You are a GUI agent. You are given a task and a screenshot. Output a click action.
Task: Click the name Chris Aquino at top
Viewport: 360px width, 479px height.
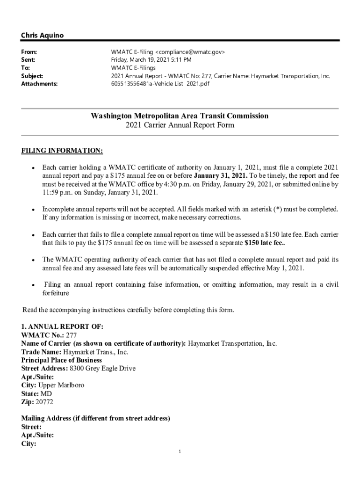pos(42,36)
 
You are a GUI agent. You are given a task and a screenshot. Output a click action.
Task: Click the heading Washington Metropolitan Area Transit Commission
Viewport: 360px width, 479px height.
pos(180,116)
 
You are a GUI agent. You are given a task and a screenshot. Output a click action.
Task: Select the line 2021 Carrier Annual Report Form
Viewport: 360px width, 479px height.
pos(180,125)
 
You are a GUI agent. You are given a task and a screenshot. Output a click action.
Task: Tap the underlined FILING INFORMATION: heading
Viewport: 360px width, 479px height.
pos(62,151)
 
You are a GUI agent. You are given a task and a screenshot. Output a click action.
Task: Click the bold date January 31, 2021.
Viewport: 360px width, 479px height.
pos(220,175)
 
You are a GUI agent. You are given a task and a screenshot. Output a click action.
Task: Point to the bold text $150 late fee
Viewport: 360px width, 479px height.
pos(265,243)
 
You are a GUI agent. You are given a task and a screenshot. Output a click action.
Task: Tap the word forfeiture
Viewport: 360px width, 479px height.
pos(56,293)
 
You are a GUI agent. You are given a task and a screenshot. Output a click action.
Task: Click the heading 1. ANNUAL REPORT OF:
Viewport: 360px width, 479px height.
pos(62,327)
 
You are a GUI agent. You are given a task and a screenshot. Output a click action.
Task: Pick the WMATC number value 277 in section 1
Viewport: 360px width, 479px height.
pos(71,335)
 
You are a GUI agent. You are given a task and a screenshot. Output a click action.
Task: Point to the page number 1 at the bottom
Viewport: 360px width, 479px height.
pos(180,452)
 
